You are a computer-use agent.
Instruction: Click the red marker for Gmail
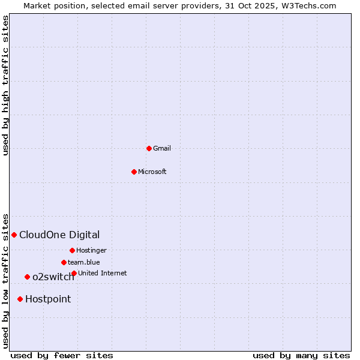(149, 148)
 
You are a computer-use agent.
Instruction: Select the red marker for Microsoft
(134, 172)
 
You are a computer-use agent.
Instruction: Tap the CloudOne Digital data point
(14, 235)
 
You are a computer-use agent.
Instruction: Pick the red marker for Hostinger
(72, 250)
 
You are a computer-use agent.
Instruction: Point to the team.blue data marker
(64, 262)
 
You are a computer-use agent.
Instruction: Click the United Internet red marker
(74, 273)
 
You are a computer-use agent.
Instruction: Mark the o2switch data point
(27, 277)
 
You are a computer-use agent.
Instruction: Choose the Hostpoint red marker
(20, 299)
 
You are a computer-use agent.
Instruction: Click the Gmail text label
(162, 148)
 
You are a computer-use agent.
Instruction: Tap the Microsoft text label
(152, 172)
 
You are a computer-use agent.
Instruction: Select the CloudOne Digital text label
(59, 235)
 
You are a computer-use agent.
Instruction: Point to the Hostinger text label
(91, 250)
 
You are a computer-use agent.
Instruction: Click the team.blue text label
(84, 262)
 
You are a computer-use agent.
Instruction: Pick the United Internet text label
(103, 273)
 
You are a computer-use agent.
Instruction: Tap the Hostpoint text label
(48, 299)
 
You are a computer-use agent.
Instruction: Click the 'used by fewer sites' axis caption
(62, 355)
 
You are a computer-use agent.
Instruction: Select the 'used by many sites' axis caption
(301, 355)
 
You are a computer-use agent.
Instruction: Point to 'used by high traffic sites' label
(5, 85)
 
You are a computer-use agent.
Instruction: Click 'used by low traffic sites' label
(5, 281)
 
